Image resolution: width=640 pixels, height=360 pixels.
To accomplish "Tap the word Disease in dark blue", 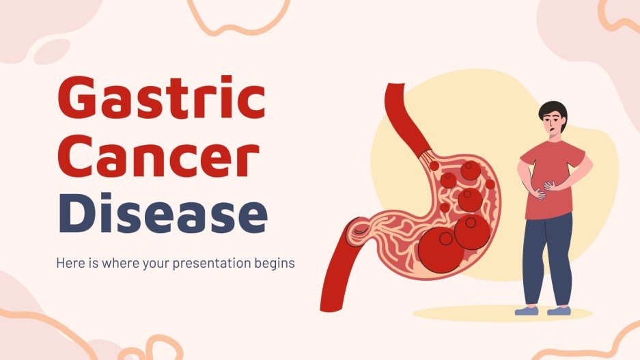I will [167, 214].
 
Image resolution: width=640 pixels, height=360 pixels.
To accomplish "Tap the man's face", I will [553, 124].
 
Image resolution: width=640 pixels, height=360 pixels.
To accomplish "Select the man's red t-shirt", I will [550, 171].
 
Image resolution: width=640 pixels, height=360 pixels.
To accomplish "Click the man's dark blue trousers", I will [548, 253].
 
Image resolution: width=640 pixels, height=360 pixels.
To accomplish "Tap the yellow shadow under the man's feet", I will [492, 315].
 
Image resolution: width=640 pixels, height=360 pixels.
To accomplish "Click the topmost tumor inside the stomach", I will [469, 171].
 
